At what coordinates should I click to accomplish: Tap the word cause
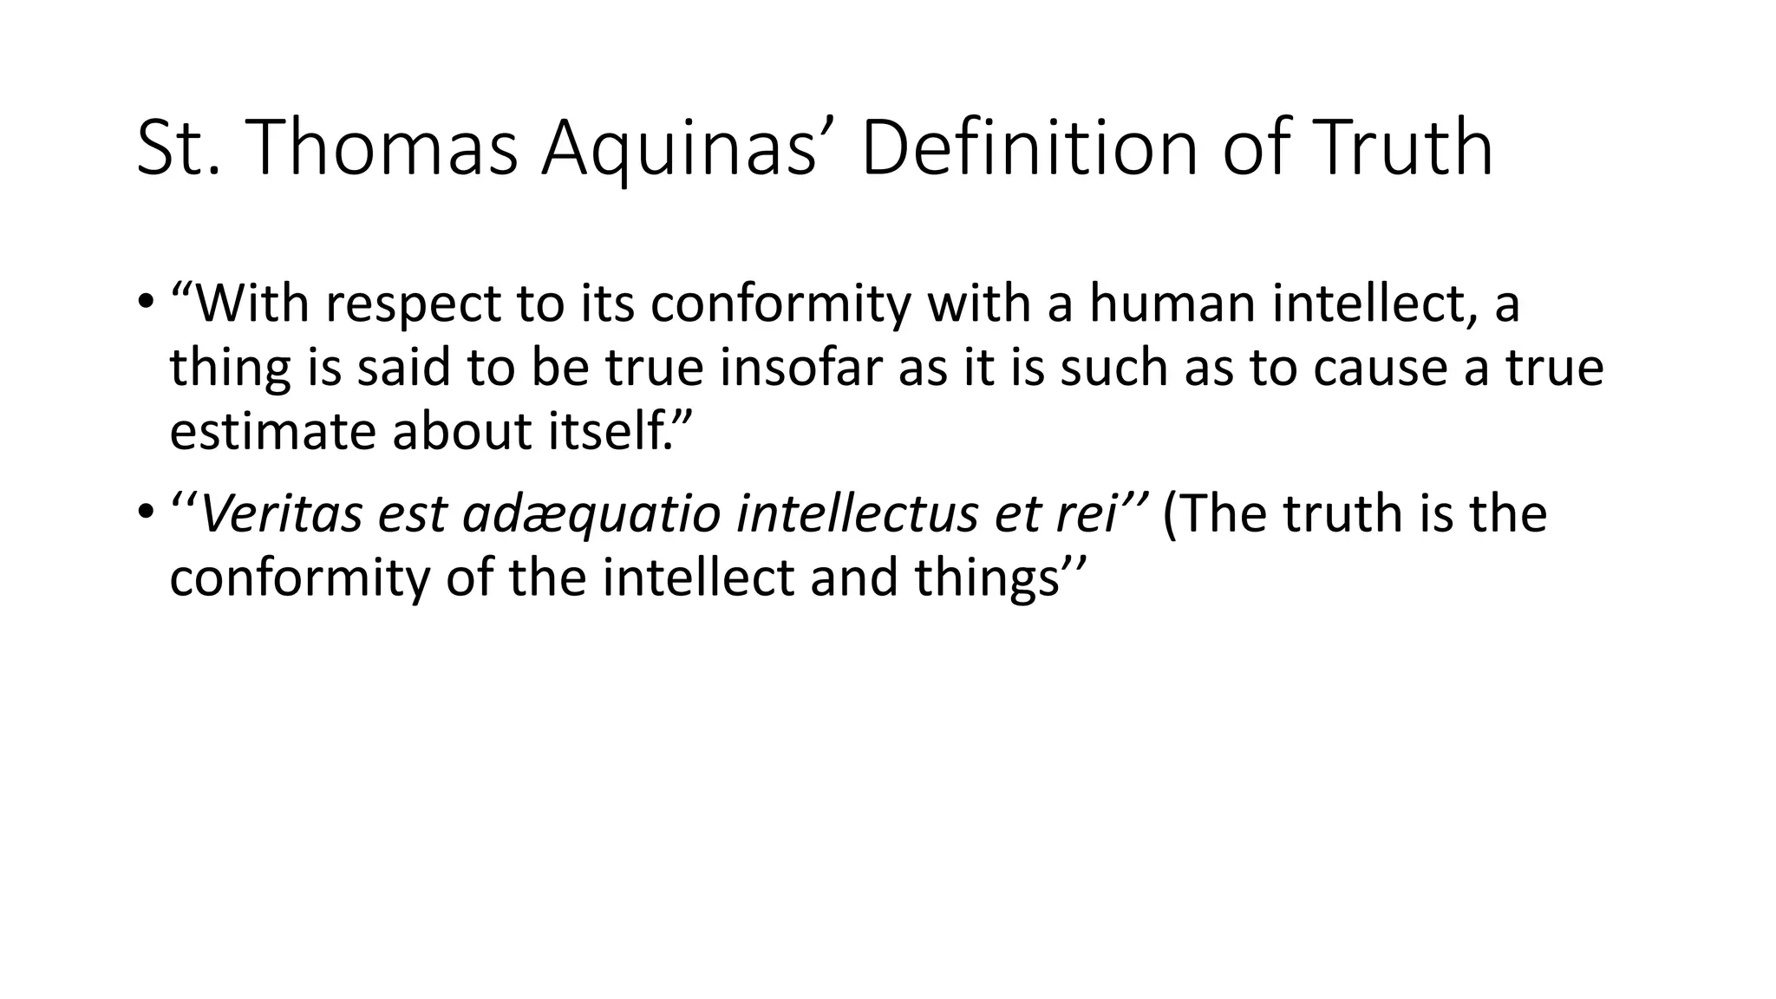pyautogui.click(x=1380, y=368)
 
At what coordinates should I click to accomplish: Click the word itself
pyautogui.click(x=610, y=431)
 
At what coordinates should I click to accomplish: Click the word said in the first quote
pyautogui.click(x=404, y=368)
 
